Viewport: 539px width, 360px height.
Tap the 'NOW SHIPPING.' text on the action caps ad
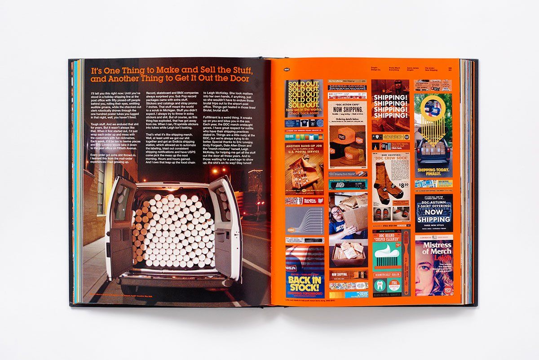[347, 109]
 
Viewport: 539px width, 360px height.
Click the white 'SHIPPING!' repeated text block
[390, 107]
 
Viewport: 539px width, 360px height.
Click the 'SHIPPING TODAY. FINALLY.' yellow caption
[433, 173]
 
